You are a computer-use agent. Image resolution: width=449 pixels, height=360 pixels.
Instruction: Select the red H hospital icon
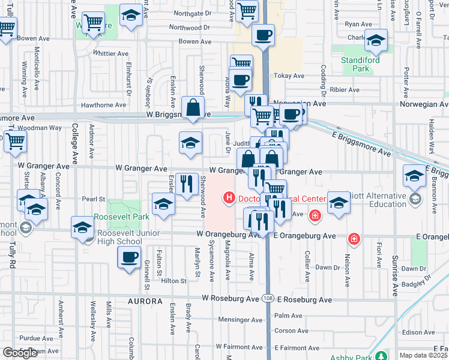[x=229, y=197]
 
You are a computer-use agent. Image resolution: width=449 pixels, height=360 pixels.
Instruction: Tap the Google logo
[x=20, y=353]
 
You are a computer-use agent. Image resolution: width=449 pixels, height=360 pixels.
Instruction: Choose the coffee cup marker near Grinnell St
[x=129, y=257]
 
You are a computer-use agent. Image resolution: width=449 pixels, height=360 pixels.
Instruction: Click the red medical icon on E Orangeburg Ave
[x=354, y=239]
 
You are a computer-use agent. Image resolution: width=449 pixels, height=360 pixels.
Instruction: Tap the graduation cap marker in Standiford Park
[x=376, y=40]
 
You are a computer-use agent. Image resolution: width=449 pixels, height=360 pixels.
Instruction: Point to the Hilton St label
[x=173, y=280]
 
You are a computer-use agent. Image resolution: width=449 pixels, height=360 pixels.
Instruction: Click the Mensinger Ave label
[x=238, y=319]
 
